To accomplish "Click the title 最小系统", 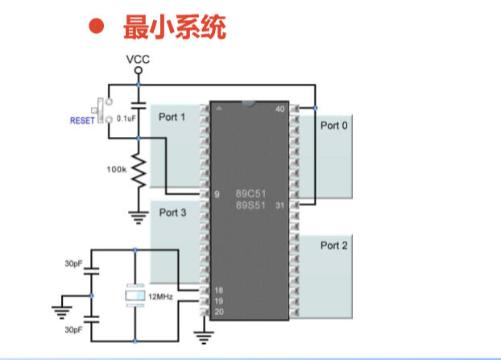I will click(174, 27).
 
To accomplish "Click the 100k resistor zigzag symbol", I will click(138, 172).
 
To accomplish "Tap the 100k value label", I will click(115, 170).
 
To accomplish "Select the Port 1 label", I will click(172, 118).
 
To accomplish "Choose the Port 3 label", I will click(172, 213).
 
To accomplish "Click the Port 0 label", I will click(334, 125).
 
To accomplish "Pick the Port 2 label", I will click(334, 245).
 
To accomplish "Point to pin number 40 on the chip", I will click(280, 109).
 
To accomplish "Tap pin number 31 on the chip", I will click(280, 205).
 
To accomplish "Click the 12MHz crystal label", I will click(157, 296).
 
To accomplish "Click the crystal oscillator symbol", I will click(135, 296).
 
